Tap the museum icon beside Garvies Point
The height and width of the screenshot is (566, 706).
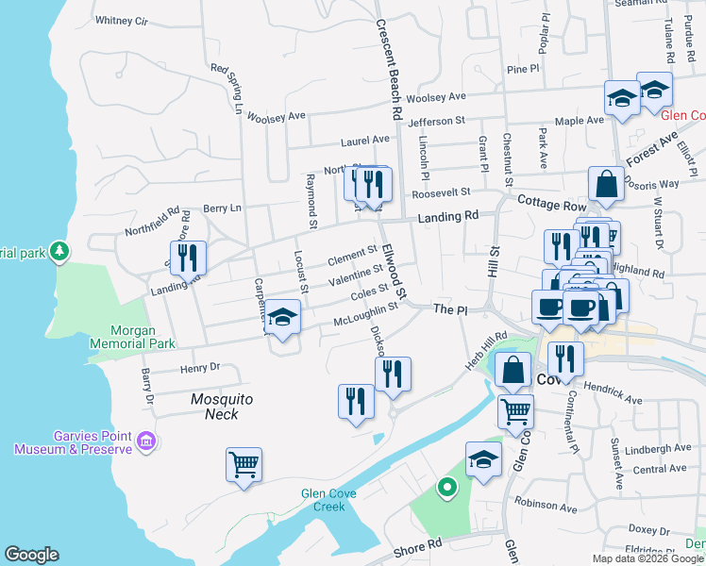(145, 441)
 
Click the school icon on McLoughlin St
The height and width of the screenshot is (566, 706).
(282, 317)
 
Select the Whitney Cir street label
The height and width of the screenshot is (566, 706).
(123, 20)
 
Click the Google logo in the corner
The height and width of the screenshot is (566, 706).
(31, 555)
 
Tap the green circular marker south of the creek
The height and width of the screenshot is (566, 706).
(446, 488)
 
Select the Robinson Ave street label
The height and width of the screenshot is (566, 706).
(545, 508)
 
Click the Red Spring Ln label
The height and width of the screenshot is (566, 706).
(227, 85)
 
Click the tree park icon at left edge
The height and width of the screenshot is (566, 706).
(60, 251)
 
